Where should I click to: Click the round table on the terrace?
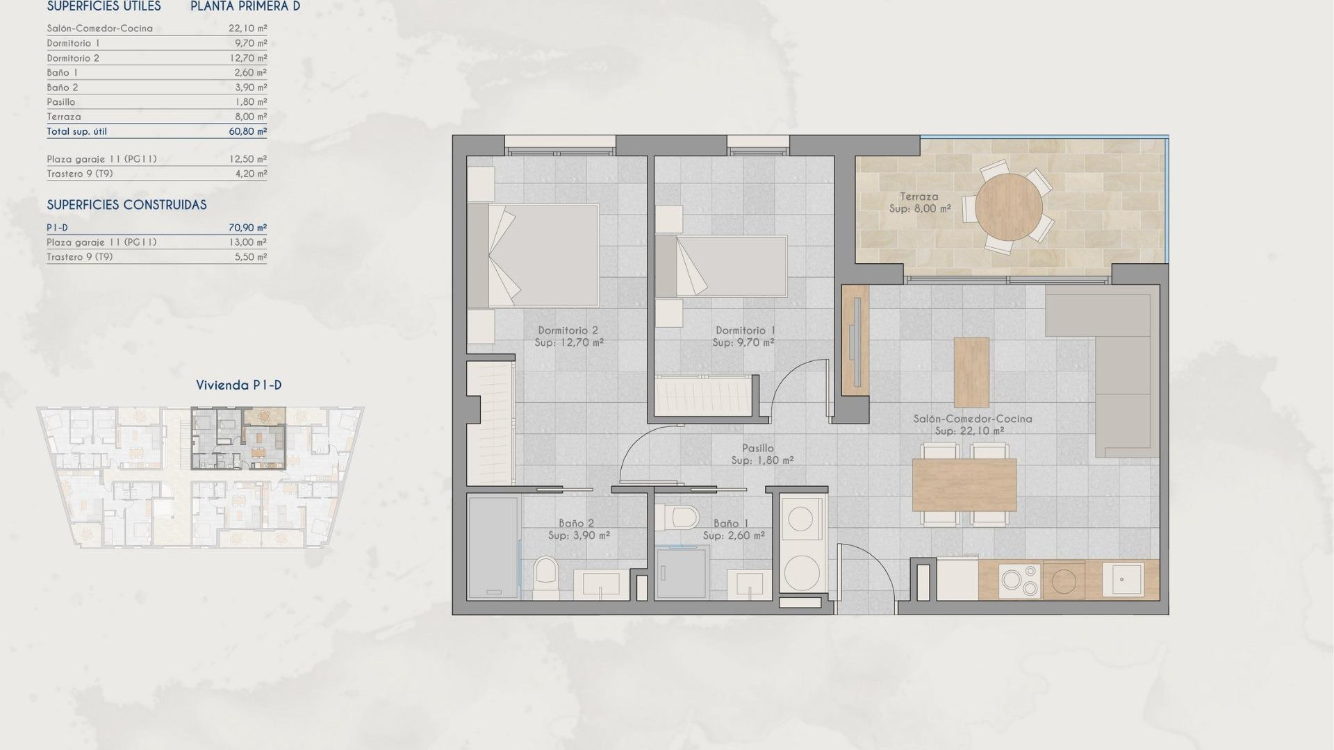coord(1008,206)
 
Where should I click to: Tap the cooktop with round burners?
coord(1020,580)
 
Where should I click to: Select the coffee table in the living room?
coord(971,372)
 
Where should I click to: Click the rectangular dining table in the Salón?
coord(964,484)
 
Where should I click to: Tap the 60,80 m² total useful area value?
coord(247,131)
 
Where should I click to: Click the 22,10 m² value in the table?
coord(247,28)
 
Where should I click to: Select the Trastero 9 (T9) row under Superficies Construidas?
coord(156,257)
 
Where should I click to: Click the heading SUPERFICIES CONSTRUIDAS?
coord(126,205)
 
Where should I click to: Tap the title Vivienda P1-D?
coord(238,385)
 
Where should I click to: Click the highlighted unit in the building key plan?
coord(238,439)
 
